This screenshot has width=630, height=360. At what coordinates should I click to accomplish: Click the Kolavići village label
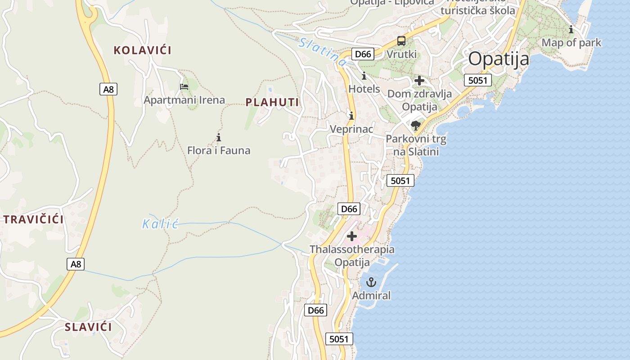pos(142,50)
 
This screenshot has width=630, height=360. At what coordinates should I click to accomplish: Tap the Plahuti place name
pos(272,102)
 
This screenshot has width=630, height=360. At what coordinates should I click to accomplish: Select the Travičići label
pos(34,220)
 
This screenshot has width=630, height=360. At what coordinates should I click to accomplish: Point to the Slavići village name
pos(88,327)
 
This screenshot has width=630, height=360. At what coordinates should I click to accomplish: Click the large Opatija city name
pos(499,59)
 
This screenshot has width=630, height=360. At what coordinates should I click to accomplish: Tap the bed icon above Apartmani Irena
pos(184,86)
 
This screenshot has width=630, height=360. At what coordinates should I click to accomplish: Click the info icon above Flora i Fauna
pos(219,137)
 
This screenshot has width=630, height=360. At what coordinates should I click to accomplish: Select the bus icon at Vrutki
pos(401,41)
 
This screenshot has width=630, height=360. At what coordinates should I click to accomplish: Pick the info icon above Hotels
pos(364,76)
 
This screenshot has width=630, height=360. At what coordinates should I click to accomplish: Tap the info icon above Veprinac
pos(351,116)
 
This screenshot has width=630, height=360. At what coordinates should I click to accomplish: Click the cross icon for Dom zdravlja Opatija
pos(419,81)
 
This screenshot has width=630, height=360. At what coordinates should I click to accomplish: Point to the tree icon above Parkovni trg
pos(416,125)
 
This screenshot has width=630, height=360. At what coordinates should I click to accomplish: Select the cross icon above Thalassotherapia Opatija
pos(352,236)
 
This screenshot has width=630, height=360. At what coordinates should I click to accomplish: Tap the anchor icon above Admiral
pos(371,283)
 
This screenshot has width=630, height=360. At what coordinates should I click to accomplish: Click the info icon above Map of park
pos(571,30)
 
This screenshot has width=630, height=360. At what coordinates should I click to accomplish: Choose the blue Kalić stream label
pos(161,224)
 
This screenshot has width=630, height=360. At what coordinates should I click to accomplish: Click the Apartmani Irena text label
pos(184,100)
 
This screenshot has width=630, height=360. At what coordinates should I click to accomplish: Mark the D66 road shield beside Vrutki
pos(363,54)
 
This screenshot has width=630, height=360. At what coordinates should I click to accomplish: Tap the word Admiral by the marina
pos(371,296)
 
